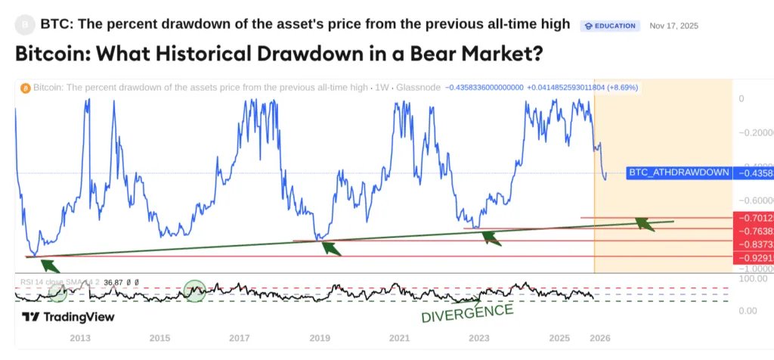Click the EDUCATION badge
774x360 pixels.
click(610, 26)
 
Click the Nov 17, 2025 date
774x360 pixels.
click(673, 26)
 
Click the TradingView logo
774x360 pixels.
click(68, 317)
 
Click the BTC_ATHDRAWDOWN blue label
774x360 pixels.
click(679, 172)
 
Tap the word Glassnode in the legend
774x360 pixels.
click(420, 88)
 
